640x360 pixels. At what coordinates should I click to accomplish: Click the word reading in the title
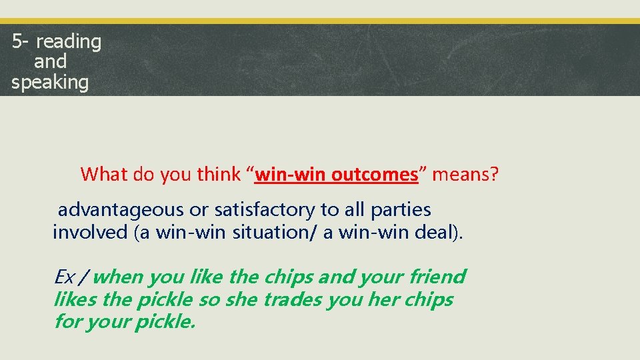coord(69,42)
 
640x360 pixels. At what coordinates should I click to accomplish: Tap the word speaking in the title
coord(50,83)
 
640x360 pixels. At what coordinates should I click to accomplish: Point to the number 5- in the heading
coord(20,42)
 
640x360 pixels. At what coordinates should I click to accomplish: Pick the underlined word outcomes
coord(375,175)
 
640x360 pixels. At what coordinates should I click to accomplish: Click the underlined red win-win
coord(291,175)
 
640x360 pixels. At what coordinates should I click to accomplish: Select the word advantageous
coord(121,210)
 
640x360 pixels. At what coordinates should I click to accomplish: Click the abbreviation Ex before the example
coord(64,277)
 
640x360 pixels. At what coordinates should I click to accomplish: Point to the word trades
coord(293,300)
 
